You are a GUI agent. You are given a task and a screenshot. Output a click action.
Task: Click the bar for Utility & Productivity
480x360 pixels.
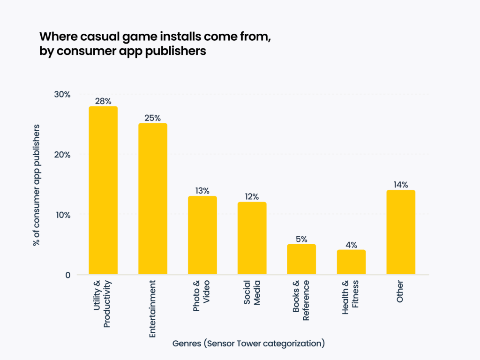(103, 190)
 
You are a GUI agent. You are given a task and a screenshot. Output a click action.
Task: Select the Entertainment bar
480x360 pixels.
(153, 199)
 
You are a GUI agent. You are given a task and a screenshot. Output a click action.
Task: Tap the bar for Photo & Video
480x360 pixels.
(202, 235)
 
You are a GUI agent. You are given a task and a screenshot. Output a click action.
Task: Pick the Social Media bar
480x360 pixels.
(252, 238)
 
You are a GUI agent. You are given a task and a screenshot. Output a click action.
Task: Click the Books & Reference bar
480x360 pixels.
(301, 259)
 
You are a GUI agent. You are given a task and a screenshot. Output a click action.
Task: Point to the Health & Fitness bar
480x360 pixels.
(351, 262)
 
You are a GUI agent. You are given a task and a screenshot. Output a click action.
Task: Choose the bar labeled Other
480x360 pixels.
(401, 232)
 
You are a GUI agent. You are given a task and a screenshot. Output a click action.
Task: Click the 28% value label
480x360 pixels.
(103, 101)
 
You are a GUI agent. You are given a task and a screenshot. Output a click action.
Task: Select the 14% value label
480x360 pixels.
(401, 185)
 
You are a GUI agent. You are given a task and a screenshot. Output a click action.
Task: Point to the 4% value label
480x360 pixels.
(351, 245)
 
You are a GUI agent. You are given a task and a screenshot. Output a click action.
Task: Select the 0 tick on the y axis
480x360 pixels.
(67, 275)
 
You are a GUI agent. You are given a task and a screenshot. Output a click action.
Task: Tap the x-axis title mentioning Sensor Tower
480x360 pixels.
(248, 343)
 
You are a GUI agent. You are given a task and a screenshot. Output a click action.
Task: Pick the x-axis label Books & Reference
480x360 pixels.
(301, 300)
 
